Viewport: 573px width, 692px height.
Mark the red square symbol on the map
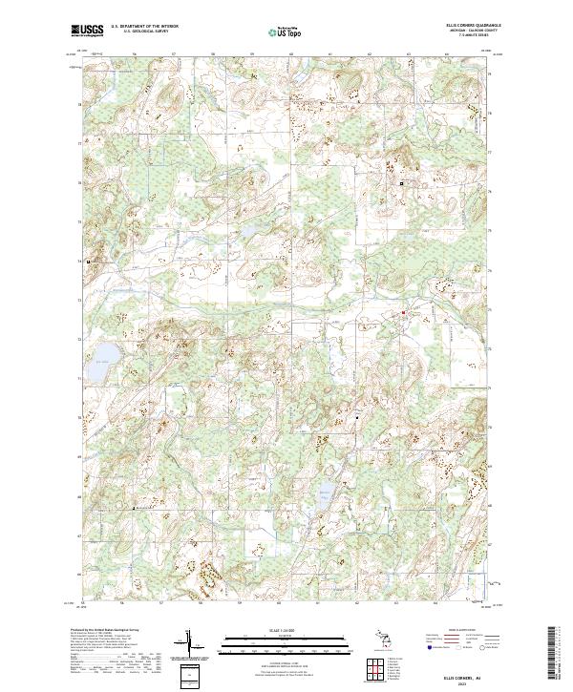tap(403, 312)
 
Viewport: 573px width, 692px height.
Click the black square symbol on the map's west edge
tap(89, 261)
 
